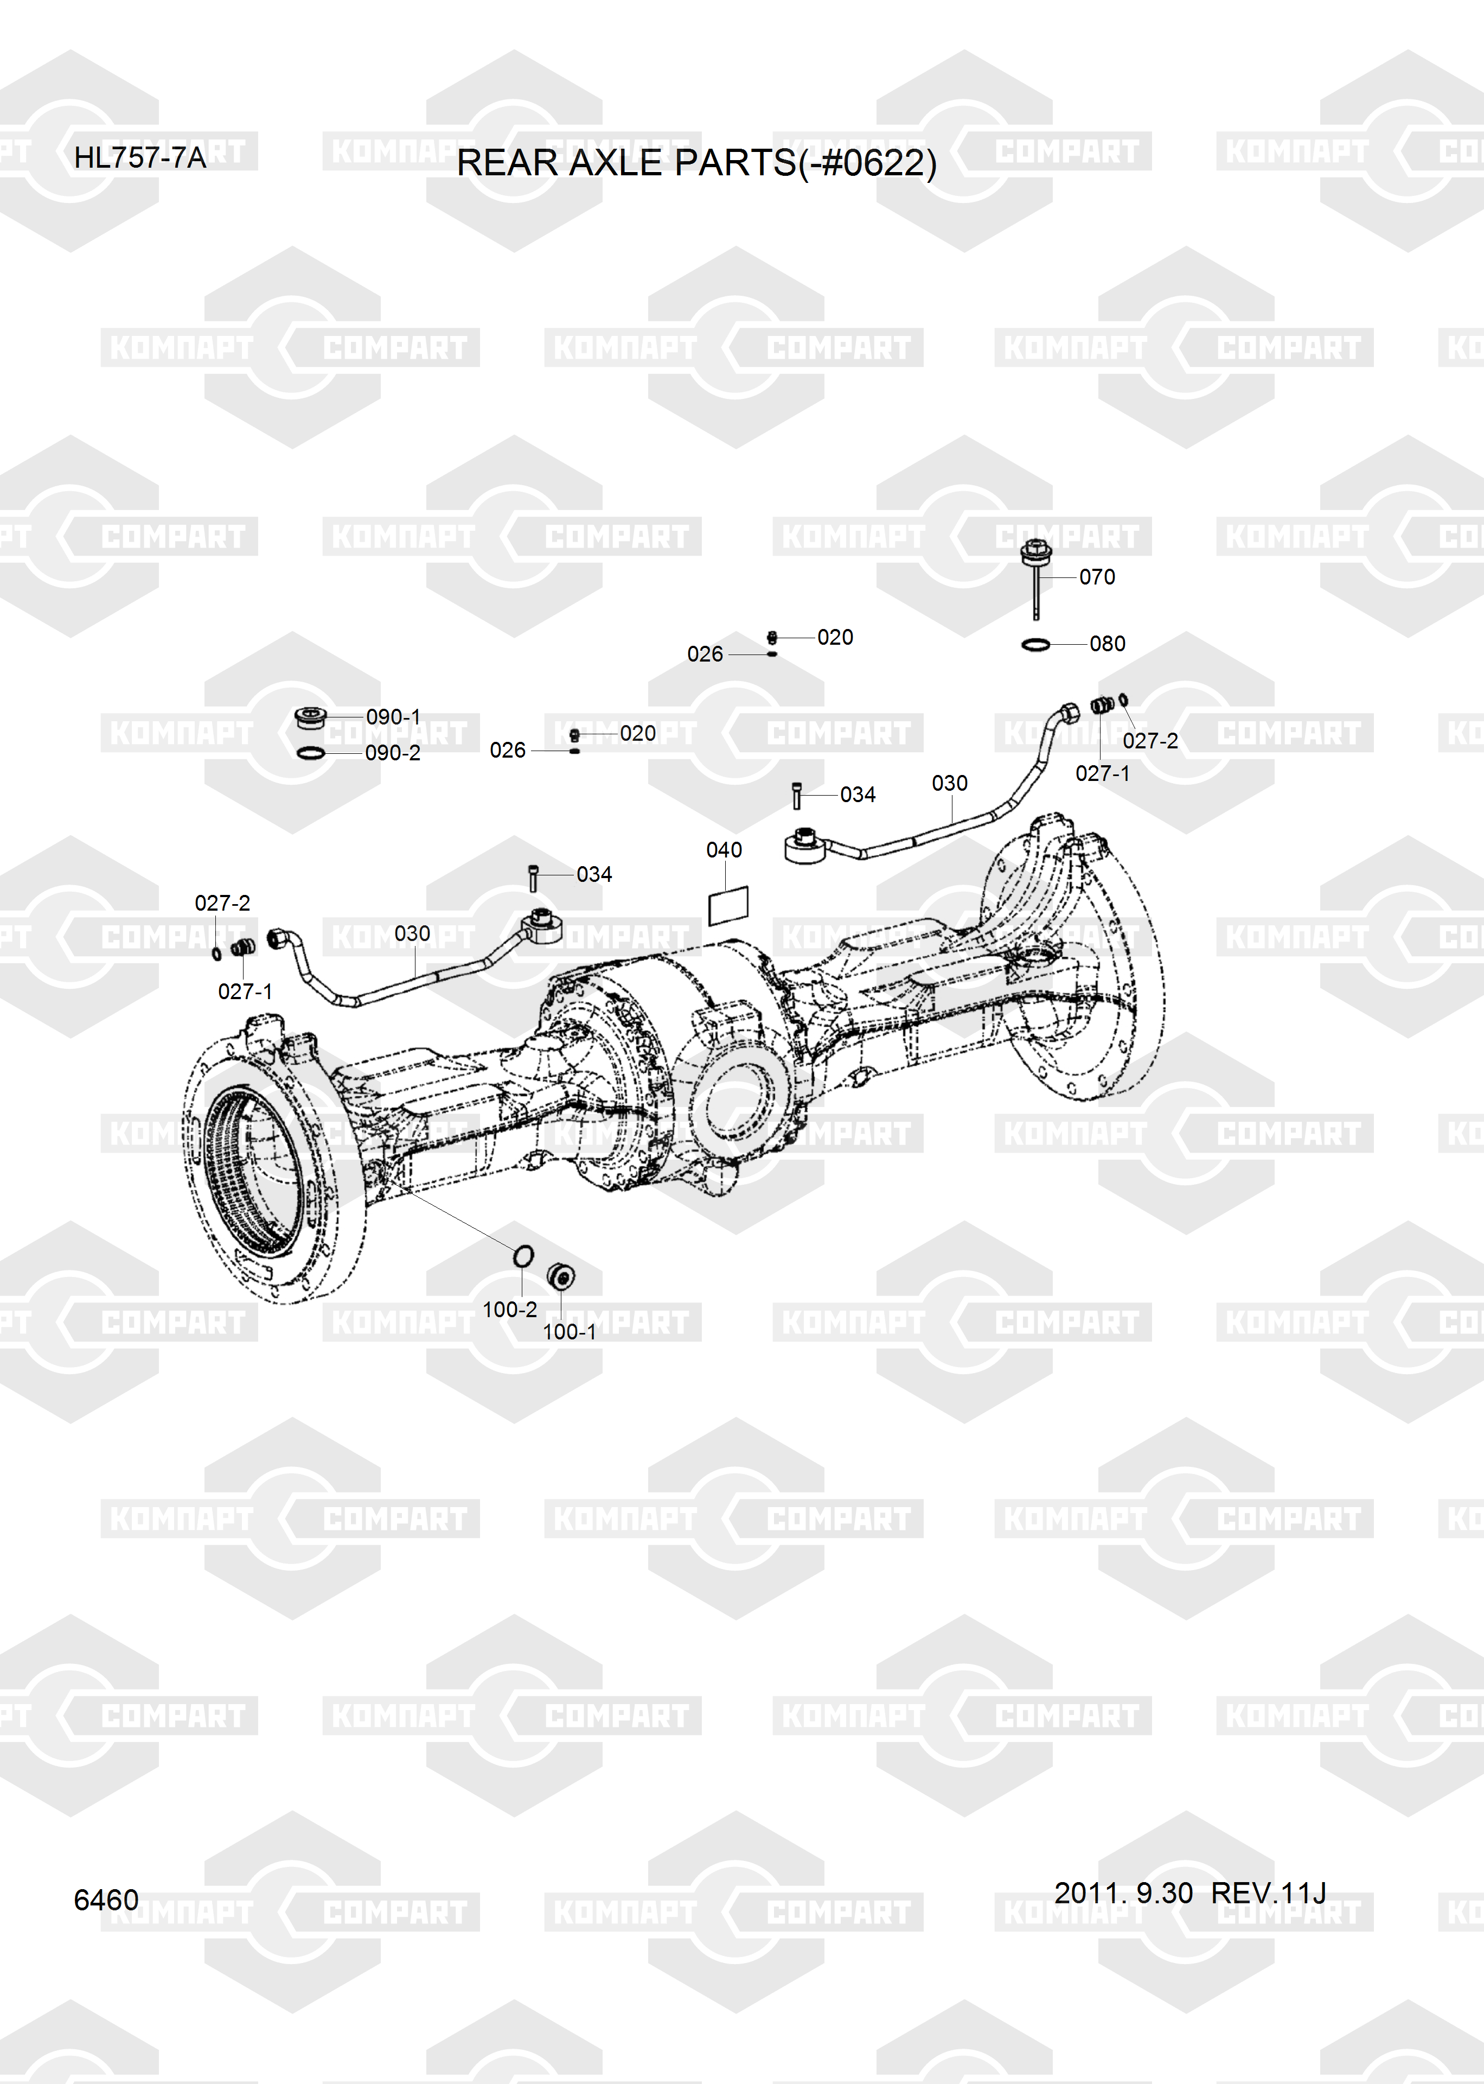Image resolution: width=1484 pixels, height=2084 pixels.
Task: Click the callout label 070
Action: [1097, 577]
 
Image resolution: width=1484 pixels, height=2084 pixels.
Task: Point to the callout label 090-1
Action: [393, 716]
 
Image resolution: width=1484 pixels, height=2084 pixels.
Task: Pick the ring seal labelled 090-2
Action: [311, 752]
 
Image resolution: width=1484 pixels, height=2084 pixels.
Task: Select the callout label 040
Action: [724, 850]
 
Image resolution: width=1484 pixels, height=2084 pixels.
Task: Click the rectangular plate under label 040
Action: [728, 905]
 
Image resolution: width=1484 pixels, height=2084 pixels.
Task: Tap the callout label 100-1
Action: [570, 1332]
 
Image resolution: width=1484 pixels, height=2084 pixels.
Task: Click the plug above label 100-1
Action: [560, 1276]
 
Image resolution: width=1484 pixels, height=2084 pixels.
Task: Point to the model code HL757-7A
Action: [140, 157]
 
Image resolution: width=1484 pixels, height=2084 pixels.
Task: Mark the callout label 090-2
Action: [393, 753]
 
